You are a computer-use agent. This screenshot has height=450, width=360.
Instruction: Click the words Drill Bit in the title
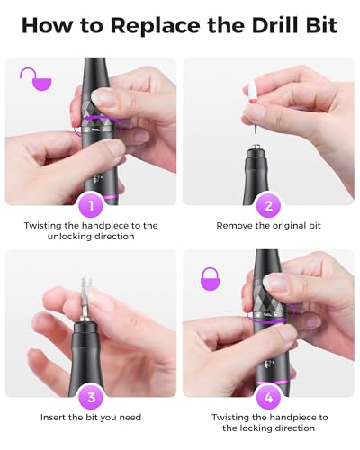tap(286, 24)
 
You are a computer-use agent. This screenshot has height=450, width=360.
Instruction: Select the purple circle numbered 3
tap(90, 397)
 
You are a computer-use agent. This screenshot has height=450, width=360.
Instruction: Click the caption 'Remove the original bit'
tap(268, 225)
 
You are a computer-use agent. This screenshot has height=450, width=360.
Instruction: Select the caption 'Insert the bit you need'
tap(90, 418)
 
